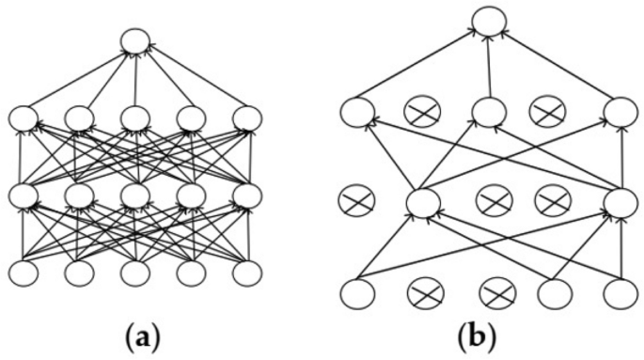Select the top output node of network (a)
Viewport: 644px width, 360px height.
tap(135, 41)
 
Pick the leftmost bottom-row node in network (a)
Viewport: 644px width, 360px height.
tap(24, 274)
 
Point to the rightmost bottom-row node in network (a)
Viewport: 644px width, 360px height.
tap(247, 274)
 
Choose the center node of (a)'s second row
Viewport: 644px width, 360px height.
tap(135, 118)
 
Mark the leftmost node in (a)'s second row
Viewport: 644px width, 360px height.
tap(24, 118)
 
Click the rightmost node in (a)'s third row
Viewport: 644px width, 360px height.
tap(247, 196)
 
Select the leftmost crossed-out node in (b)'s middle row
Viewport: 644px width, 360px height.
tap(357, 199)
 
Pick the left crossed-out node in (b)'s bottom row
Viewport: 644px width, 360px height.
tap(425, 293)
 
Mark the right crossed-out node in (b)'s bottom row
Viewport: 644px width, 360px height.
tap(495, 293)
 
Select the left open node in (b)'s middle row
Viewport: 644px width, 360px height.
tap(423, 200)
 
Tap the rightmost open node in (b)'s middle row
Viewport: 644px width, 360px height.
tap(620, 200)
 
